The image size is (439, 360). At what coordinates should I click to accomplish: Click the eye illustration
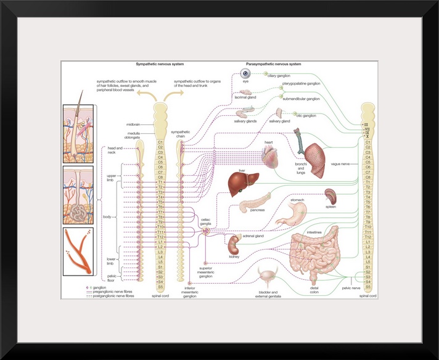click(245, 74)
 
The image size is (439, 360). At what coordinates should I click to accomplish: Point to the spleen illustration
click(330, 197)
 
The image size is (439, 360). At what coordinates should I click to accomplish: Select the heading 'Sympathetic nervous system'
click(160, 63)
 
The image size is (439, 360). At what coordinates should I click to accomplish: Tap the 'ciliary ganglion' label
click(279, 76)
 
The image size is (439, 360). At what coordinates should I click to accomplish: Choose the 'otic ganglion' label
click(305, 115)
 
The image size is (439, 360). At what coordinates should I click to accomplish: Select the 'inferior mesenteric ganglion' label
click(190, 293)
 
